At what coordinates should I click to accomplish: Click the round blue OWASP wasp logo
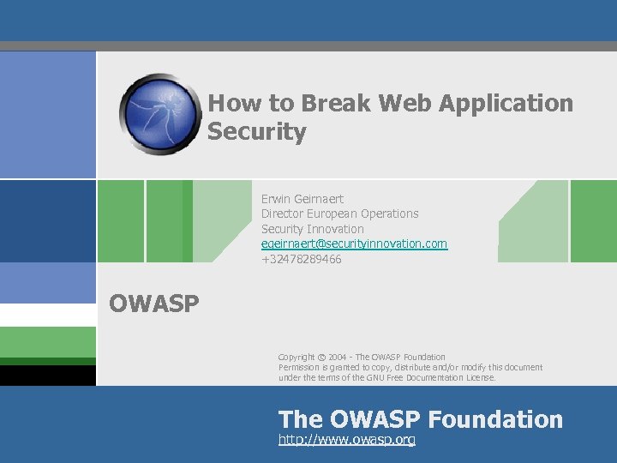point(161,113)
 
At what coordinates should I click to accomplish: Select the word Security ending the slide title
point(257,133)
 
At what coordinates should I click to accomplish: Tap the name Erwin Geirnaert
point(303,199)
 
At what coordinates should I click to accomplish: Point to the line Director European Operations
point(339,213)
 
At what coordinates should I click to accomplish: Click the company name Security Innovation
point(312,229)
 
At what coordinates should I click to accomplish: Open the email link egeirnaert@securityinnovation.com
point(354,244)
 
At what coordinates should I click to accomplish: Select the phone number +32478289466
point(301,259)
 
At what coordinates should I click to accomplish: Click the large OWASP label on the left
point(154,303)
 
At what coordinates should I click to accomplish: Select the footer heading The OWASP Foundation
point(421,419)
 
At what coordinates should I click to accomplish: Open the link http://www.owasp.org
point(346,440)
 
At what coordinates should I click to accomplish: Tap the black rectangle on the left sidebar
point(48,375)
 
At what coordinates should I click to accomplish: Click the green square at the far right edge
point(594,220)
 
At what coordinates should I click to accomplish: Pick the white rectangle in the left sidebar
point(48,315)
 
